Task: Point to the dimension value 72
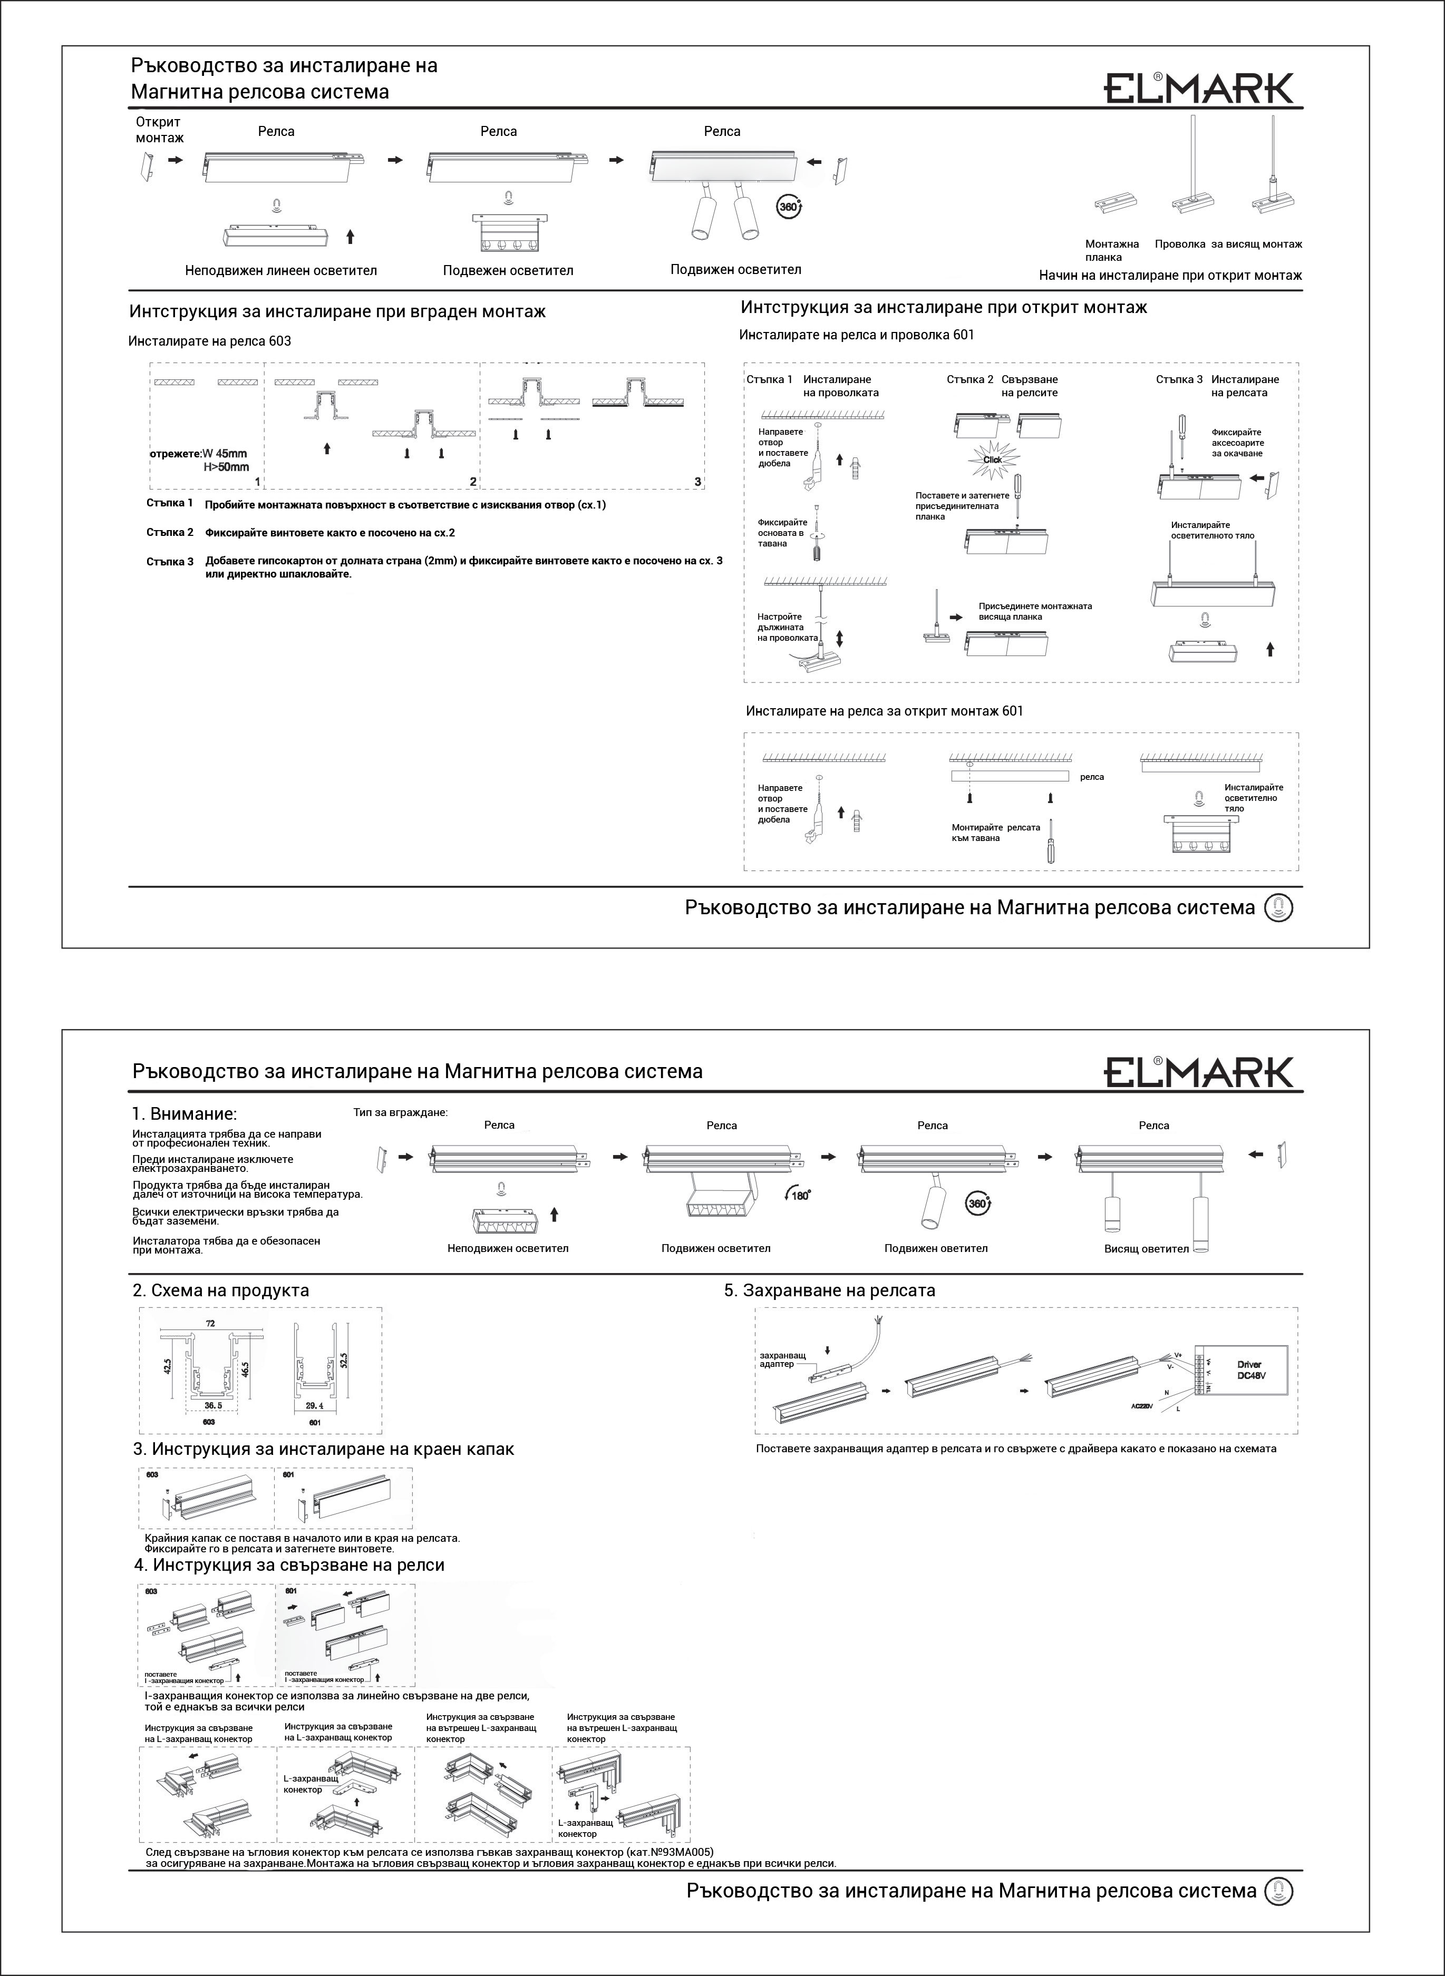click(x=210, y=1323)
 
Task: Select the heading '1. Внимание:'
click(x=185, y=1114)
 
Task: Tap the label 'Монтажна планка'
click(x=1112, y=251)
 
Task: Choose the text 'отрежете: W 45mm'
click(x=199, y=454)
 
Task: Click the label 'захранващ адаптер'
click(x=782, y=1359)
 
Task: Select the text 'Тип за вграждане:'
click(x=401, y=1113)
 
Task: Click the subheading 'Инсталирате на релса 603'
click(x=209, y=341)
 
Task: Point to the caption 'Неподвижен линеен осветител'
click(x=281, y=271)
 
